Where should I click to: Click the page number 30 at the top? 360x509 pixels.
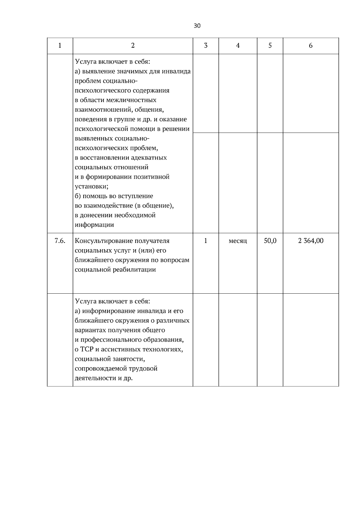click(x=197, y=26)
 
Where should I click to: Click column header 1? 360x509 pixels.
click(x=60, y=46)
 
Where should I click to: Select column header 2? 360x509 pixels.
click(x=133, y=46)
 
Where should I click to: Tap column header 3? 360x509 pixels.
click(x=205, y=46)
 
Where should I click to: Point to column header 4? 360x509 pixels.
click(x=238, y=46)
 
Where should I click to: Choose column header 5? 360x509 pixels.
click(x=270, y=46)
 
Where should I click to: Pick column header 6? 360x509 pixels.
click(x=310, y=46)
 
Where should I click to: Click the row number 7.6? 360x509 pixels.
click(x=60, y=241)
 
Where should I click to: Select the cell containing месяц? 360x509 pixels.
click(x=238, y=241)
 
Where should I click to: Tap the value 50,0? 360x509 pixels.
click(x=270, y=241)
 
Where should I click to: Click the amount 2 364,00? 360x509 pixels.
click(x=310, y=241)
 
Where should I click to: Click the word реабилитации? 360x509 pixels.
click(x=134, y=270)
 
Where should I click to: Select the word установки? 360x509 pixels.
click(x=91, y=187)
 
